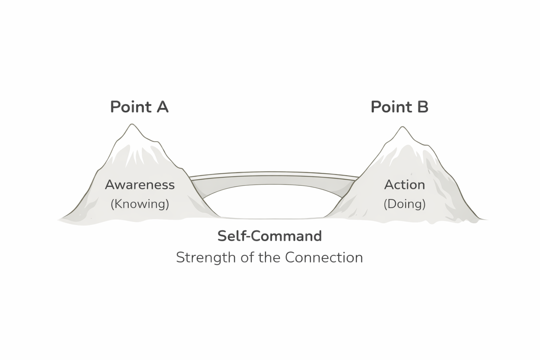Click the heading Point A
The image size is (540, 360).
139,107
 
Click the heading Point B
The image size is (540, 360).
399,107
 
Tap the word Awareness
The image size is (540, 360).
140,185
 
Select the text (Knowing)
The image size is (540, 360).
140,204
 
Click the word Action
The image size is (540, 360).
404,185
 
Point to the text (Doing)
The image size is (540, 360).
404,204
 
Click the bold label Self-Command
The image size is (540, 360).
269,236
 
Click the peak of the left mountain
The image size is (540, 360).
132,125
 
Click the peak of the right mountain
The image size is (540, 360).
402,128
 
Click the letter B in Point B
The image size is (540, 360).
422,107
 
